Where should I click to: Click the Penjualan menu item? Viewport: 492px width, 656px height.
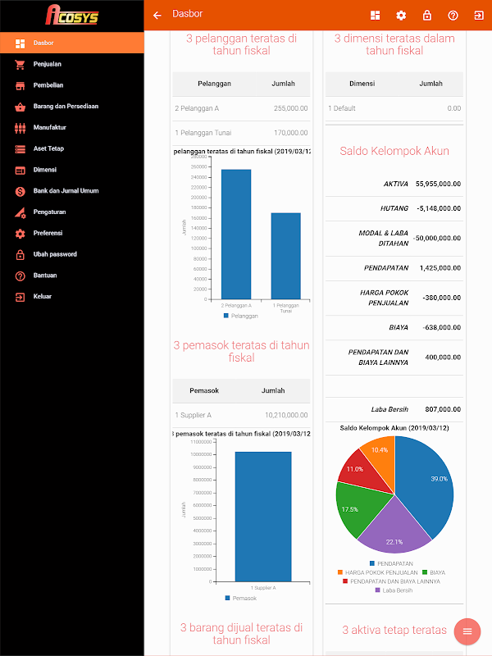tap(48, 64)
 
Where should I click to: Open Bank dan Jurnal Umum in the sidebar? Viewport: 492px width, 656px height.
tap(66, 191)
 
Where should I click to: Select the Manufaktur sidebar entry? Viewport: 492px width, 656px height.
tap(49, 128)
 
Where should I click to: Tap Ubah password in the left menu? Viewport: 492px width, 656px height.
tap(55, 254)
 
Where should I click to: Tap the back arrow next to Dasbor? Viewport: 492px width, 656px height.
tap(157, 15)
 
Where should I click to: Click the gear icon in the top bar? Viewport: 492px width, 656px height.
tap(401, 15)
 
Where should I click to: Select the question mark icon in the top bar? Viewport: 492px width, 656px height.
tap(453, 15)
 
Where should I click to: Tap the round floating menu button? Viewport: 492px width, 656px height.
tap(467, 631)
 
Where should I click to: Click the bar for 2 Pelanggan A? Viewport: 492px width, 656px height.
tap(236, 234)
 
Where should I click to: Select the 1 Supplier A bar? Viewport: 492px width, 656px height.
tap(263, 517)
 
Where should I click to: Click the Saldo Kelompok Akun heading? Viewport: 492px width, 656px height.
tap(394, 151)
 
